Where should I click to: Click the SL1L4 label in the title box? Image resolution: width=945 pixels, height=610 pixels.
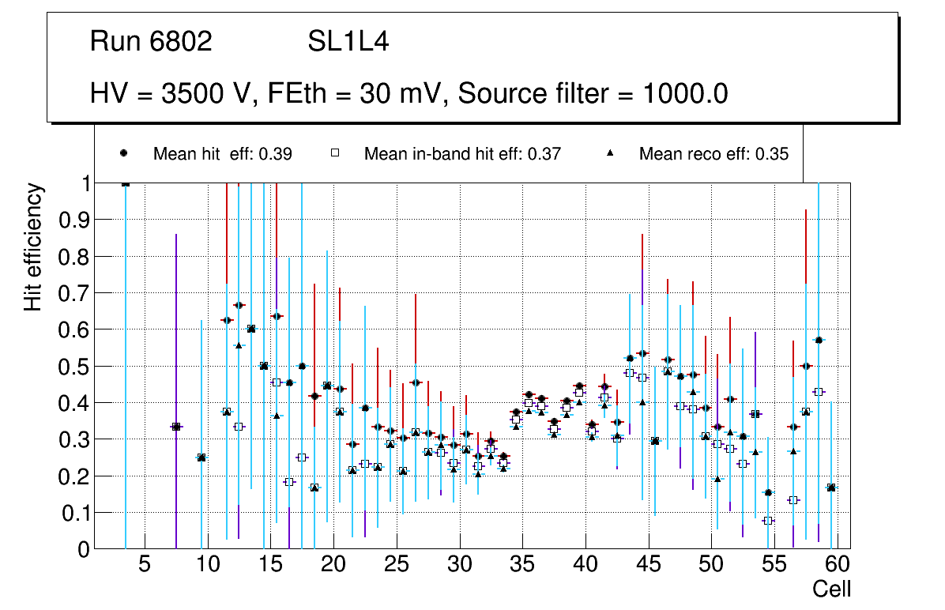(348, 42)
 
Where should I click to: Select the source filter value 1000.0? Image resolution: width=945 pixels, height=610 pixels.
(685, 94)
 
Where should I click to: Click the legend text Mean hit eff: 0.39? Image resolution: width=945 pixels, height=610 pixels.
(223, 154)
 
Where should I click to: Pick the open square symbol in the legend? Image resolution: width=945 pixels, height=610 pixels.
(334, 153)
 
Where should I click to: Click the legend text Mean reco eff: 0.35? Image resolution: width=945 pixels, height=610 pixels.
(713, 154)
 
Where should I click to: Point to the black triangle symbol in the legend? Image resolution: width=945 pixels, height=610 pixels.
(610, 153)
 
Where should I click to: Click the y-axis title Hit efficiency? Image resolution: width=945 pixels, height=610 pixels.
(32, 247)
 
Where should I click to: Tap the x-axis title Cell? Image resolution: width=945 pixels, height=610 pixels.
(831, 589)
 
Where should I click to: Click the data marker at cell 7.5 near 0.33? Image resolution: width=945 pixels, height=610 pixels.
(176, 427)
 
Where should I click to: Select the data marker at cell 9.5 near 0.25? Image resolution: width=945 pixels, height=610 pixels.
(201, 457)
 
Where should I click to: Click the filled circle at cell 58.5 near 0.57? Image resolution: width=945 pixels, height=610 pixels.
(819, 340)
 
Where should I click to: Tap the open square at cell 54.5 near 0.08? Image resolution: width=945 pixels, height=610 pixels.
(768, 521)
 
